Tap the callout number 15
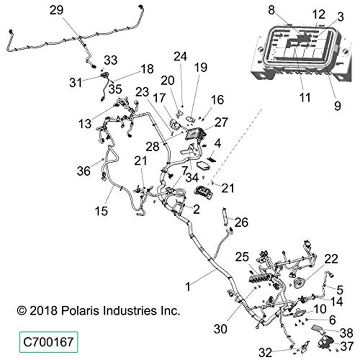coord(102,211)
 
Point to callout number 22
coord(332,258)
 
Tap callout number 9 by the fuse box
coord(337,105)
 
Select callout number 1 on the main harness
coord(187,287)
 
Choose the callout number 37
coord(347,346)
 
